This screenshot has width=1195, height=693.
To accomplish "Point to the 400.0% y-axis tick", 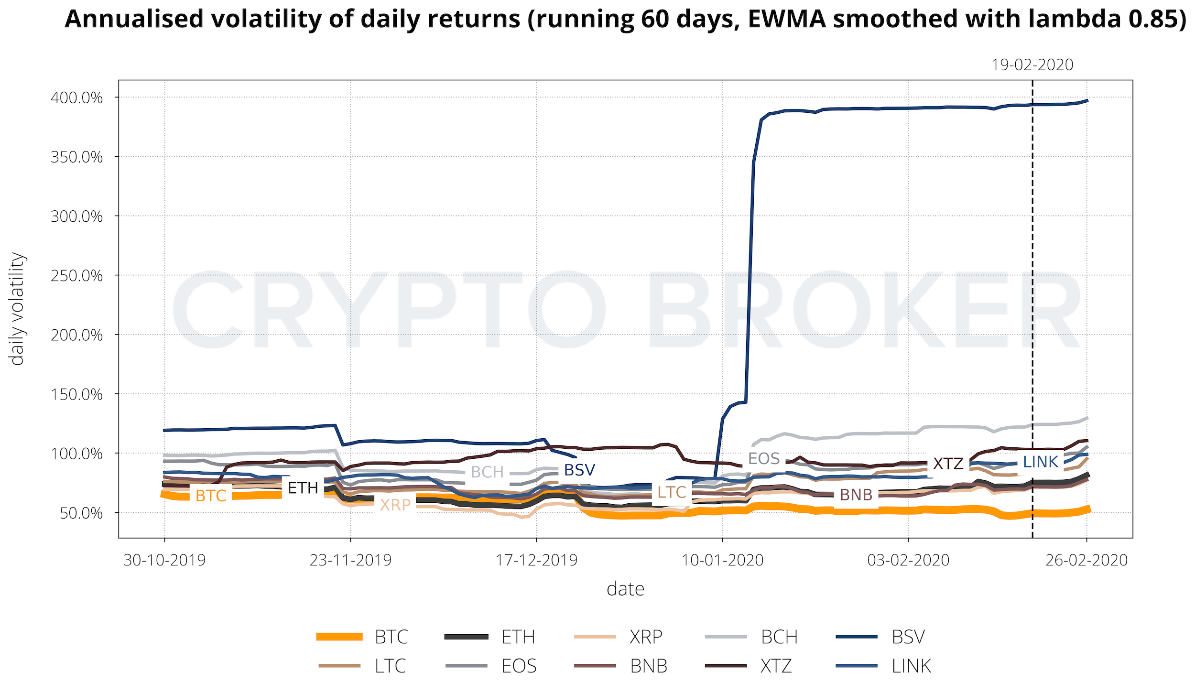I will [76, 98].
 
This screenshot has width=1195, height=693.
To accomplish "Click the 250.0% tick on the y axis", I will [76, 276].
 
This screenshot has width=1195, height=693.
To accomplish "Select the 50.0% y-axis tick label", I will [81, 513].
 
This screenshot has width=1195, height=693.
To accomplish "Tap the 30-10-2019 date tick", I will [164, 560].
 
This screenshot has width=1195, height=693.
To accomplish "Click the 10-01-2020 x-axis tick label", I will [722, 560].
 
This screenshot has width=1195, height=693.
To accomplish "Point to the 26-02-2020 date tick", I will [1086, 560].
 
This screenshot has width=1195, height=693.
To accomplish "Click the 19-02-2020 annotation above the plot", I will [1032, 65].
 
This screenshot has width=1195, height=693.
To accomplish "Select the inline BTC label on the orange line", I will [211, 496].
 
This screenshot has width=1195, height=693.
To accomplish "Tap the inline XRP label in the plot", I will [395, 505].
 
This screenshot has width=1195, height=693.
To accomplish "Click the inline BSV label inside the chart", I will [579, 470].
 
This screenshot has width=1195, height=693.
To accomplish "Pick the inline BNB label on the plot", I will [856, 495].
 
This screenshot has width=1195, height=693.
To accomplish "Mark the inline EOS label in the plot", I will [764, 459].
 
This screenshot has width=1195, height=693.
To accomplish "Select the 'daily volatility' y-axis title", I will [17, 309].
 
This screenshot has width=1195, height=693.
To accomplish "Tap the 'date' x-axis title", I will [625, 589].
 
